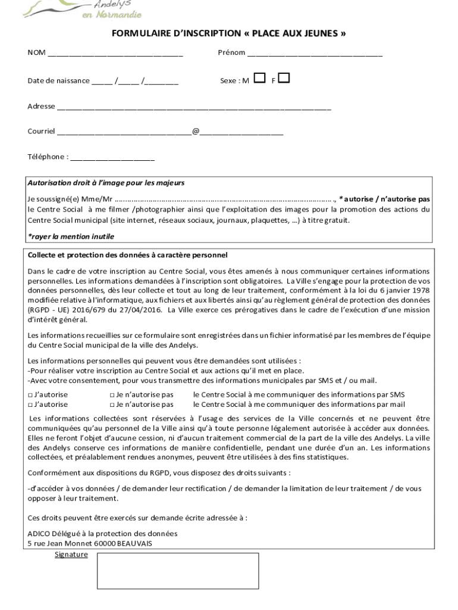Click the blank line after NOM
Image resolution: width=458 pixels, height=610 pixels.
pyautogui.click(x=115, y=54)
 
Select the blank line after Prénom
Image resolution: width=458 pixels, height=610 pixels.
pyautogui.click(x=315, y=54)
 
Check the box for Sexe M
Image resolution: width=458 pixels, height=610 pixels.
pyautogui.click(x=259, y=78)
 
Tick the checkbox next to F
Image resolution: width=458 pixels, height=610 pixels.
pyautogui.click(x=284, y=78)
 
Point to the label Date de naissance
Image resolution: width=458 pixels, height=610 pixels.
pyautogui.click(x=58, y=80)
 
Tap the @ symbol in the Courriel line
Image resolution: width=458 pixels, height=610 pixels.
pyautogui.click(x=196, y=131)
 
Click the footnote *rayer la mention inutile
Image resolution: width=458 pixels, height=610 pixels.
pyautogui.click(x=71, y=236)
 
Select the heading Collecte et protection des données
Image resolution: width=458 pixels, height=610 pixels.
pyautogui.click(x=127, y=255)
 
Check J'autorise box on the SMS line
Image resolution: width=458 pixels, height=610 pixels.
pyautogui.click(x=30, y=394)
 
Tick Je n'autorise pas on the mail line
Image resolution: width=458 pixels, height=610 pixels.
pyautogui.click(x=112, y=404)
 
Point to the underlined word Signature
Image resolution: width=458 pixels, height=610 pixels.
pyautogui.click(x=71, y=555)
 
